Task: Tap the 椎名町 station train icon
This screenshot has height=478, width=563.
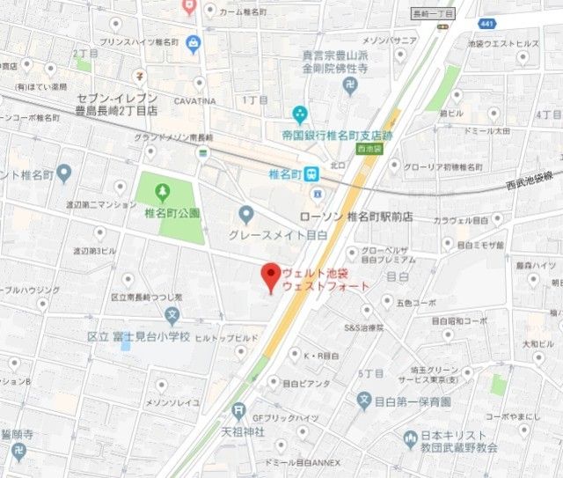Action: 313,174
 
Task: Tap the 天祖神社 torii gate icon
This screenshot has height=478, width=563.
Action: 238,411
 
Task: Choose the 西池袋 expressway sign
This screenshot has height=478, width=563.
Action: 372,151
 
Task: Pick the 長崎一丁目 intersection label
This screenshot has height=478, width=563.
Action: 433,15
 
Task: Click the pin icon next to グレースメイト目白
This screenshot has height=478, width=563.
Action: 246,213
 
